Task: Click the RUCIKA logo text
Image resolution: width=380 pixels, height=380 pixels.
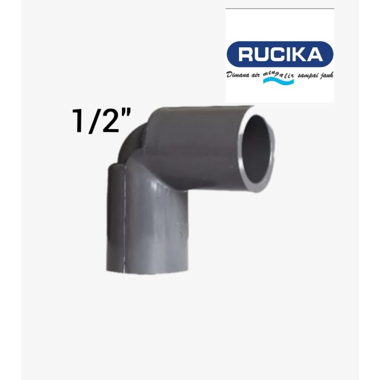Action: tap(280, 54)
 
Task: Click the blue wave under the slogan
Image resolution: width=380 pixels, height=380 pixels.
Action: tap(278, 81)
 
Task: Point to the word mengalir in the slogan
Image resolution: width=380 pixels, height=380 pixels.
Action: tap(278, 74)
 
